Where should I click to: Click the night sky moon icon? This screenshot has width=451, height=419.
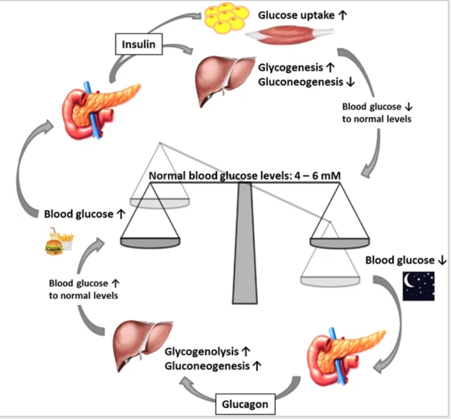[x=418, y=285]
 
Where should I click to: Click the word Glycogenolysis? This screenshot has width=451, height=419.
[x=201, y=352]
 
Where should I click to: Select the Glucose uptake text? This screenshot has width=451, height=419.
[x=297, y=14]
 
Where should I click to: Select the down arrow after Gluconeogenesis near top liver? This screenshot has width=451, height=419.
[x=350, y=82]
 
